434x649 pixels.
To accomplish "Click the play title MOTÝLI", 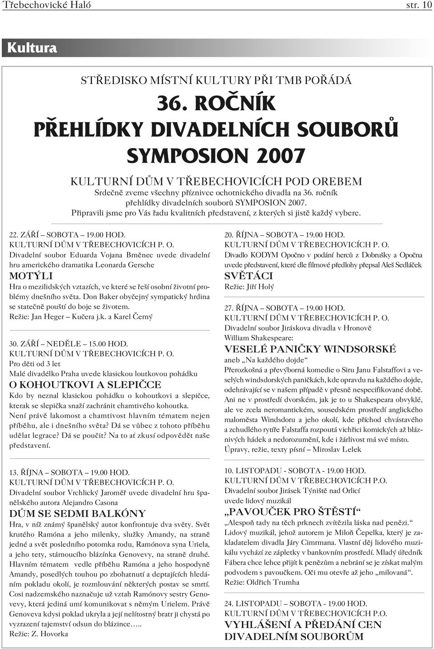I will (31, 276).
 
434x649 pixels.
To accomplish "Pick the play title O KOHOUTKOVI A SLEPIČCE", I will (85, 385).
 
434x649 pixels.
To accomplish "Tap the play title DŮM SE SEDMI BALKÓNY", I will (78, 513).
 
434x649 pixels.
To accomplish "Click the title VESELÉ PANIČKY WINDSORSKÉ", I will (310, 349).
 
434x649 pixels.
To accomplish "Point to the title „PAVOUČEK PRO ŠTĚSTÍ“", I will (293, 512).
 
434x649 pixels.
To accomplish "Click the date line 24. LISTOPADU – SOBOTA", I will (296, 603).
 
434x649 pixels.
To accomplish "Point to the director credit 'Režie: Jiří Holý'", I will (249, 287).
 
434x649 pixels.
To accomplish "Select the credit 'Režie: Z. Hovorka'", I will (39, 634).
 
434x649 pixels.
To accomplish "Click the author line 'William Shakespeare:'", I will (259, 338).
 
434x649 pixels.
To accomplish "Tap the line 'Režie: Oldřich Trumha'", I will (262, 582).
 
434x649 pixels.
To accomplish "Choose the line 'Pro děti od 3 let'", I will (35, 363).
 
